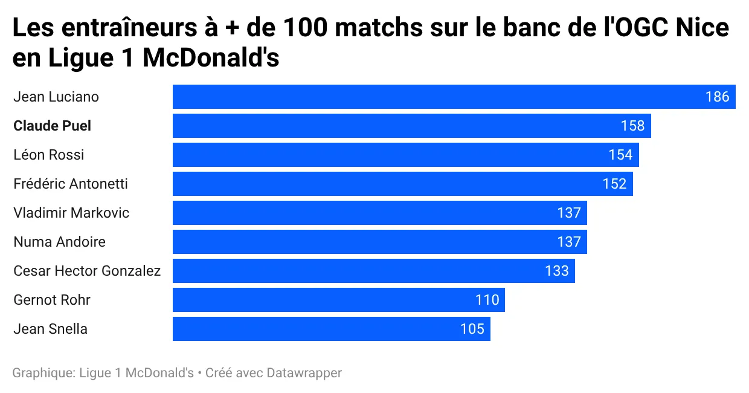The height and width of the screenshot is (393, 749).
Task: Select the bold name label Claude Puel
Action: click(53, 126)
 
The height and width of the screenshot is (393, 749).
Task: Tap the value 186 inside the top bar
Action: click(717, 97)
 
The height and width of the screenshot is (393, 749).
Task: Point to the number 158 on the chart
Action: click(632, 126)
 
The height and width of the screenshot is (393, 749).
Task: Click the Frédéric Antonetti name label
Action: click(71, 184)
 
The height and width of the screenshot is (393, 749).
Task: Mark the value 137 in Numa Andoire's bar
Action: click(568, 242)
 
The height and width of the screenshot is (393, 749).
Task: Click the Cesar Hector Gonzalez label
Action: click(87, 271)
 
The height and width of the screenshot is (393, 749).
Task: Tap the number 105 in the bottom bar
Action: click(472, 329)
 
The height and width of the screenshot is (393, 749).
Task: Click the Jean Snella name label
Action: click(50, 329)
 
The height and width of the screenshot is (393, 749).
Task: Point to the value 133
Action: click(556, 271)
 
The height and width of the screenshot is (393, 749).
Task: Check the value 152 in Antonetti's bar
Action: click(614, 184)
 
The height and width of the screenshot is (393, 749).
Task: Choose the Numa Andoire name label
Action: click(59, 242)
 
